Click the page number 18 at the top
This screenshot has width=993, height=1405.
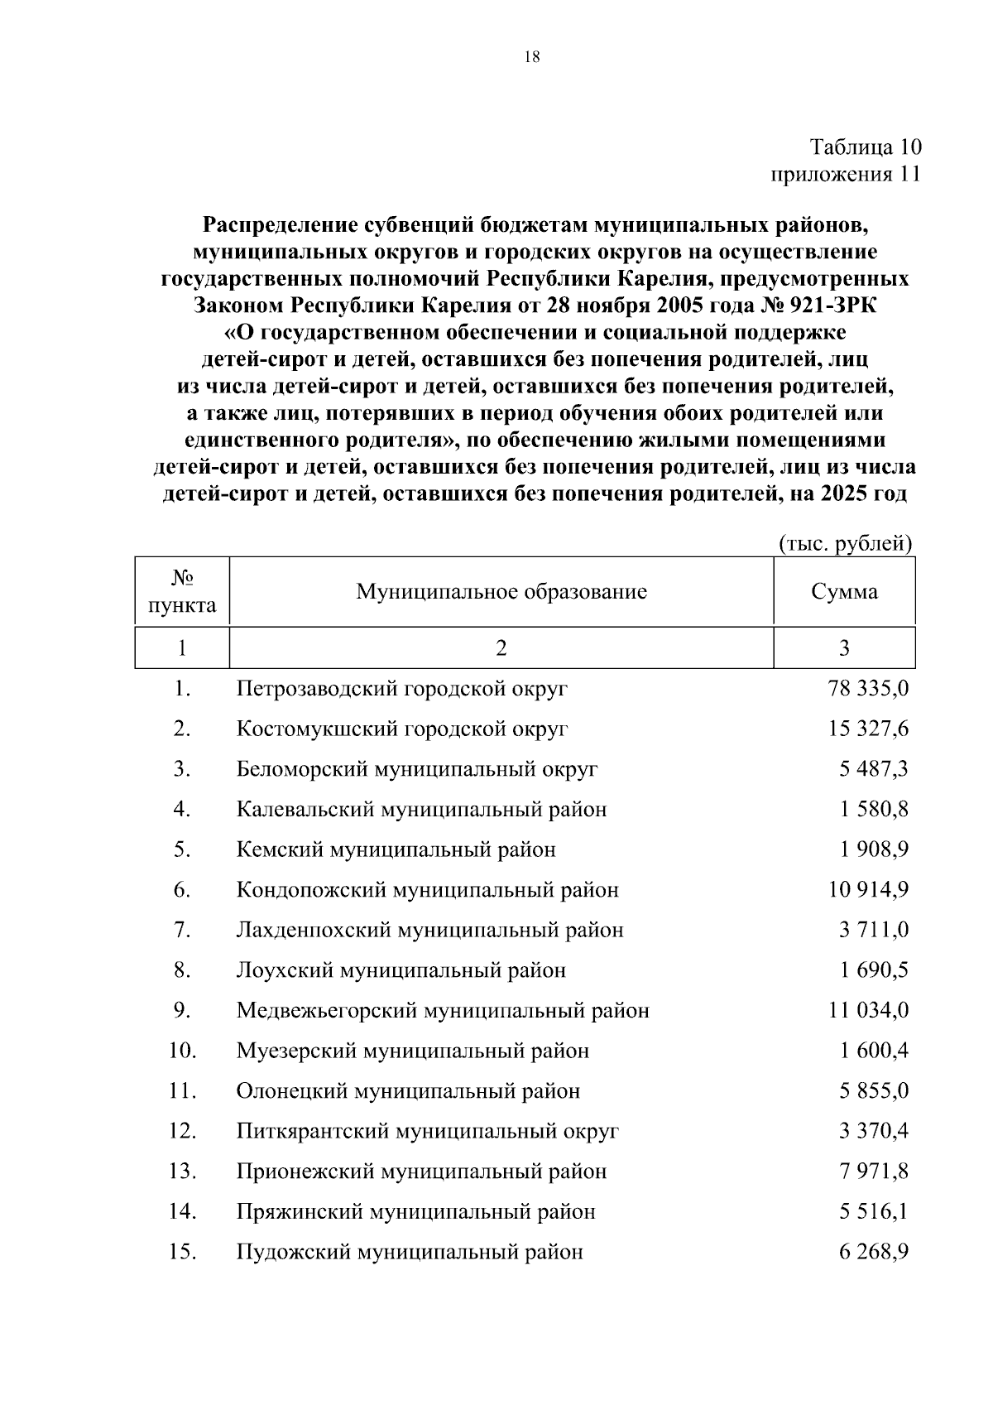532,57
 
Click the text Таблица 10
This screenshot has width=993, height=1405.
865,147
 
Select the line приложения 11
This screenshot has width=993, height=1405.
845,175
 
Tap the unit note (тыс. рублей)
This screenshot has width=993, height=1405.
845,543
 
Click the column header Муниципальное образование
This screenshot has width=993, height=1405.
501,592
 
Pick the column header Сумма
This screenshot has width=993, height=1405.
844,592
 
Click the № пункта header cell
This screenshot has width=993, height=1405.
182,591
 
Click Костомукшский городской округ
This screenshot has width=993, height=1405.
402,729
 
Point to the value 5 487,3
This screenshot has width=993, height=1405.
873,769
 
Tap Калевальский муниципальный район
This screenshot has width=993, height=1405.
421,810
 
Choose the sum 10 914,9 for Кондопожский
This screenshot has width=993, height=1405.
867,890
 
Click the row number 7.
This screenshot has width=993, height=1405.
182,930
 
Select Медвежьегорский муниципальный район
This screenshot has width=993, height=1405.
443,1011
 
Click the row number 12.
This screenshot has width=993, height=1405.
182,1131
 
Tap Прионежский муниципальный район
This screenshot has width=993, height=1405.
421,1172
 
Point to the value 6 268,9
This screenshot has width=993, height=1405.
873,1252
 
